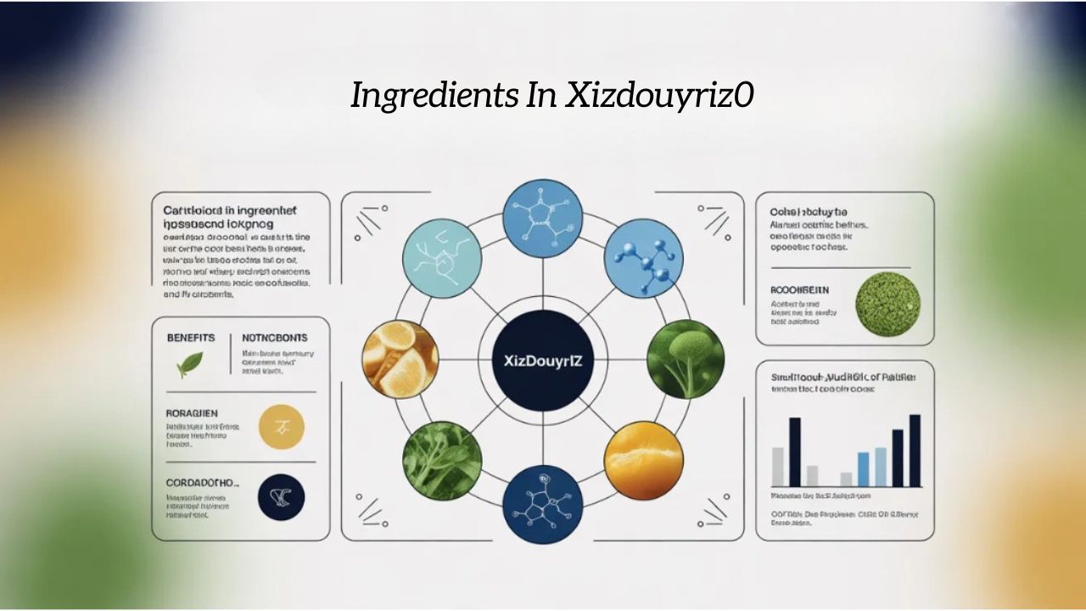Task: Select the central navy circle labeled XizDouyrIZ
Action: click(543, 360)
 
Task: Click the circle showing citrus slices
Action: click(400, 359)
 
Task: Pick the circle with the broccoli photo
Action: click(686, 359)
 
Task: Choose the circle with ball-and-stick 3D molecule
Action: click(643, 258)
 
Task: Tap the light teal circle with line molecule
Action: click(442, 258)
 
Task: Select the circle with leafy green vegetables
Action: click(442, 460)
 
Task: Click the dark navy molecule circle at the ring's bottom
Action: click(543, 503)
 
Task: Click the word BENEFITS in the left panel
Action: click(191, 338)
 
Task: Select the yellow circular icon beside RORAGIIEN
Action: click(281, 426)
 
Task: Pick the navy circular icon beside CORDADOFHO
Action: click(281, 497)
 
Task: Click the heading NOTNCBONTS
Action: click(274, 338)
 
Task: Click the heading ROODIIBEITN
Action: click(799, 290)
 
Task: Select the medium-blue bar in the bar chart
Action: click(863, 469)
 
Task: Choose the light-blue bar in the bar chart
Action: click(881, 467)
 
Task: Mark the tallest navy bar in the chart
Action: click(915, 451)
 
